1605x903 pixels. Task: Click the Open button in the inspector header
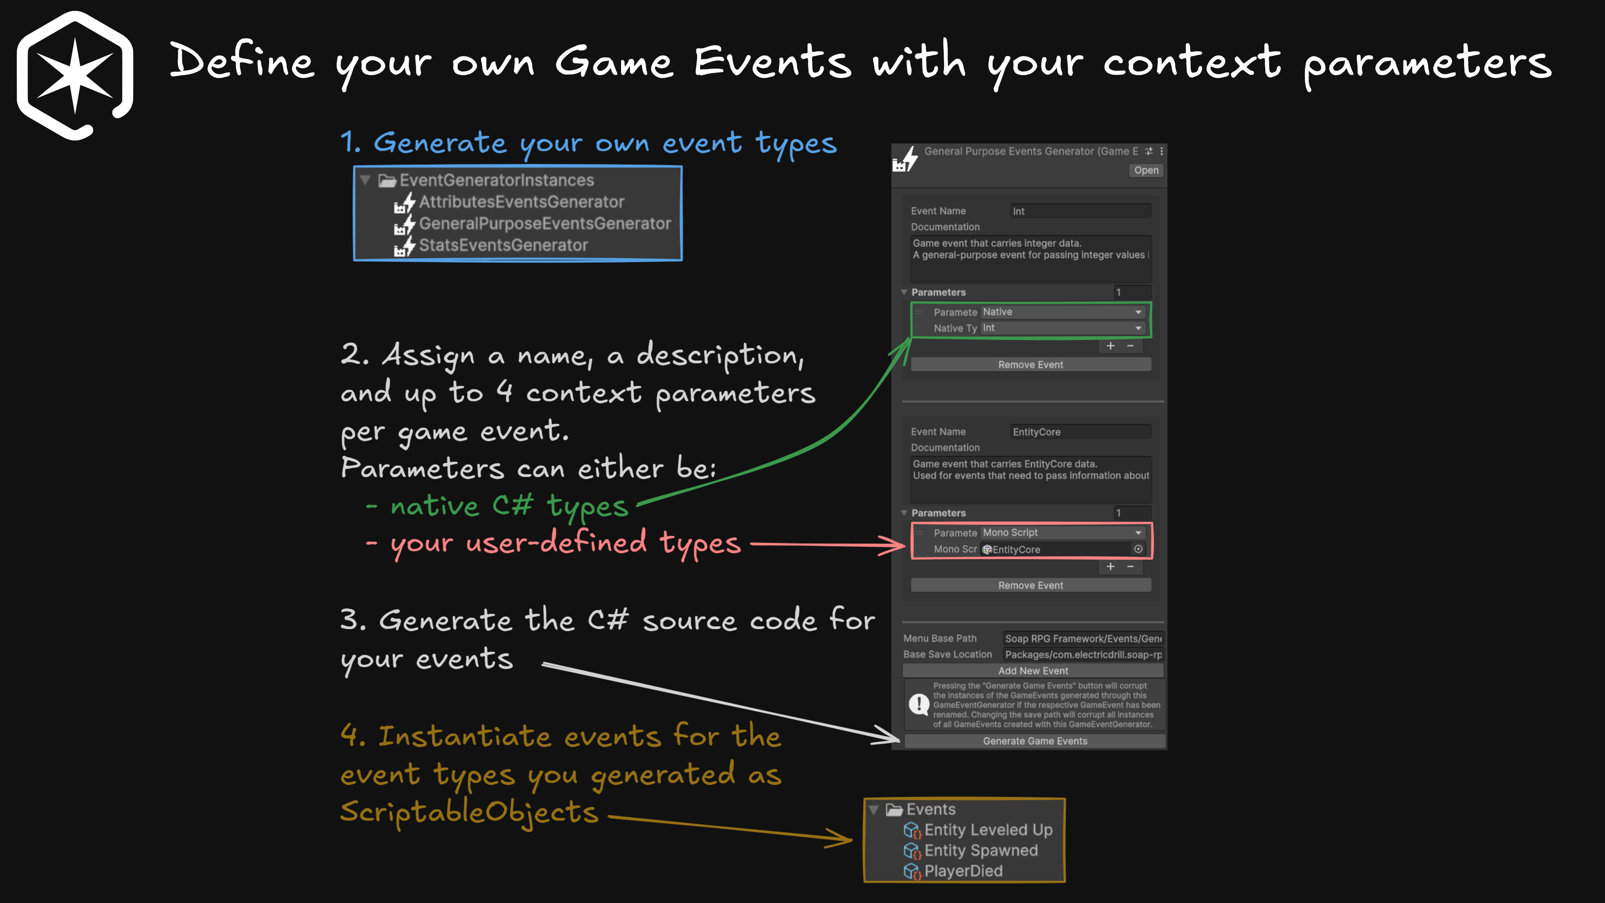(1146, 170)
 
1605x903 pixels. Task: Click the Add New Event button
(1032, 671)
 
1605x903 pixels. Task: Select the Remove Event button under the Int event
(1031, 365)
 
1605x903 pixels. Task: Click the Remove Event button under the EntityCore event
(1031, 585)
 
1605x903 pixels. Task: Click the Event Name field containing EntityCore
(1080, 432)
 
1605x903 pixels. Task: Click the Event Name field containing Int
(1080, 211)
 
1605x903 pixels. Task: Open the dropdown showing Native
(1062, 311)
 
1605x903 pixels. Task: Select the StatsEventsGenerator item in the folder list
(503, 245)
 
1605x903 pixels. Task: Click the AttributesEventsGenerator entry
(521, 202)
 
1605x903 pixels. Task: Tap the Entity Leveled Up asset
(988, 830)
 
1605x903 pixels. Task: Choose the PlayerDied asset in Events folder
(963, 871)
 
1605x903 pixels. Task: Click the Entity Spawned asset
(981, 851)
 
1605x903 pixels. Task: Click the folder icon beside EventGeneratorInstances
(387, 181)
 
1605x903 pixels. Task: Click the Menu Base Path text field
(1082, 638)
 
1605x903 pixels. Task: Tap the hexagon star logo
(75, 75)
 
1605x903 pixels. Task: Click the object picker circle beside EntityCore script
(1138, 549)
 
